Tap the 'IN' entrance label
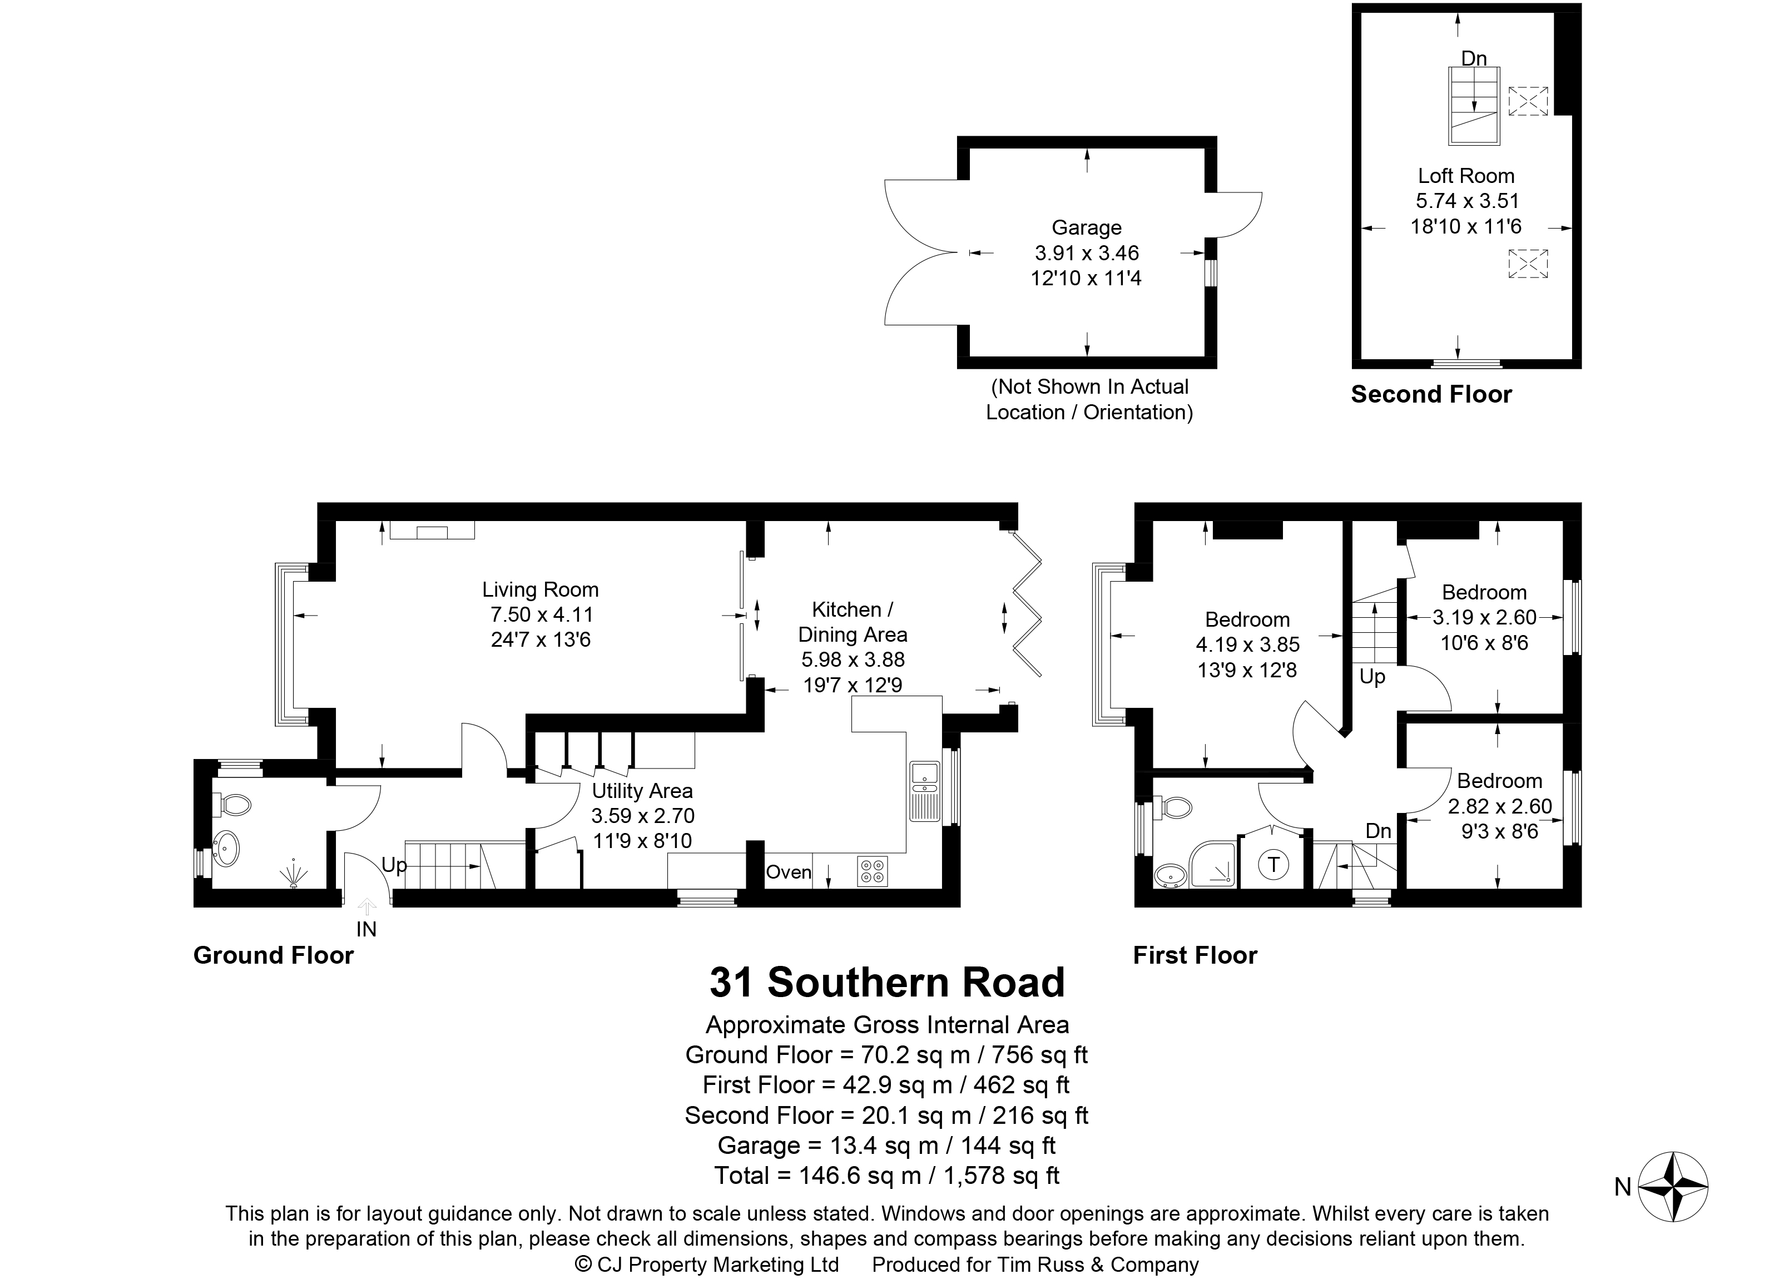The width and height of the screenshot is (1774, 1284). [366, 929]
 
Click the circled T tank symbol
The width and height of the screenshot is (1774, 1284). [1274, 864]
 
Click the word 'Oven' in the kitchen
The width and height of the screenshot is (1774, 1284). [789, 872]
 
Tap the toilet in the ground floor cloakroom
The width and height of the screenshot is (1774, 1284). [232, 804]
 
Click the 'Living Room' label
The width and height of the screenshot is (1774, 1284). [540, 589]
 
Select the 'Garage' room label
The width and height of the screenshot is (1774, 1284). [1087, 227]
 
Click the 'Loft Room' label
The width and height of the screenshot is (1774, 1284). [1466, 176]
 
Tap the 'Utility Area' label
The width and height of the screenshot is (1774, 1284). [642, 791]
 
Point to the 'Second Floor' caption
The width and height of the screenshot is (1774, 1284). [1431, 394]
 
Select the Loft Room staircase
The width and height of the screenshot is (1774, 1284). [1474, 106]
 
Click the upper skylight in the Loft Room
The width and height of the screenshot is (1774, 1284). [1528, 101]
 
